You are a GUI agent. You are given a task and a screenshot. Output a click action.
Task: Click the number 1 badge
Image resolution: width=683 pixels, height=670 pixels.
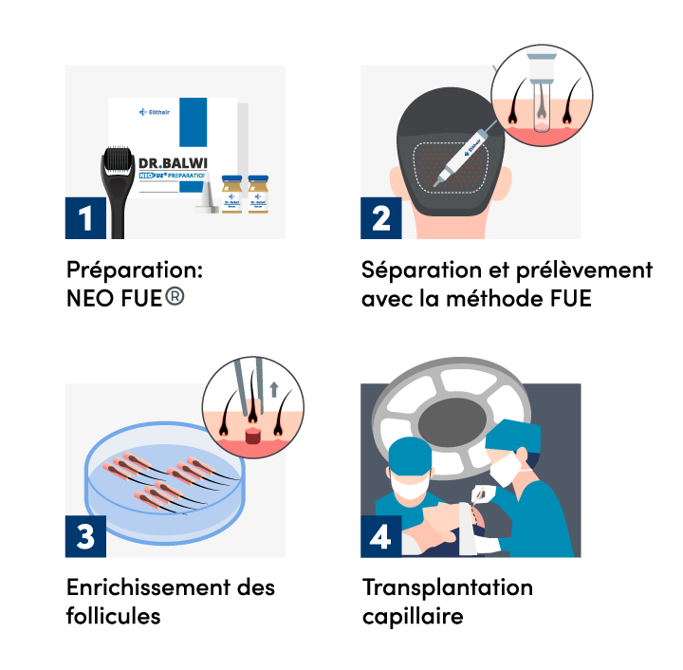click(x=85, y=218)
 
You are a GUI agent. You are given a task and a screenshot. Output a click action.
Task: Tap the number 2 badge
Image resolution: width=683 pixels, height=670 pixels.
click(x=381, y=218)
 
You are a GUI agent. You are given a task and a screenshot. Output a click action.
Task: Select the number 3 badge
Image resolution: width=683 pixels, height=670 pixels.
click(x=85, y=537)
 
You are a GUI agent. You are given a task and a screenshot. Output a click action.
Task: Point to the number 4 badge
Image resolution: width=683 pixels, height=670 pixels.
click(x=380, y=537)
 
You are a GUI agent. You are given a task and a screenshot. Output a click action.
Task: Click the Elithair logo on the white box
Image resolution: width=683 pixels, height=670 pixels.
click(x=155, y=111)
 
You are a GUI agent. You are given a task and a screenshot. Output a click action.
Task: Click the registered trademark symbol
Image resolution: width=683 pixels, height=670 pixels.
click(x=175, y=296)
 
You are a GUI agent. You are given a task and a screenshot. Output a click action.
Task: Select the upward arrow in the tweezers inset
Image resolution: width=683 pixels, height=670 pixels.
click(x=274, y=387)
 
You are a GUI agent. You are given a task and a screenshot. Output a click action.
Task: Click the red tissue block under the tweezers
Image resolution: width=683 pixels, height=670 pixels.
click(x=253, y=437)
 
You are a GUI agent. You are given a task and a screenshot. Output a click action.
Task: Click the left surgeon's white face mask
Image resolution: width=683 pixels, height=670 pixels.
click(x=410, y=489)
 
